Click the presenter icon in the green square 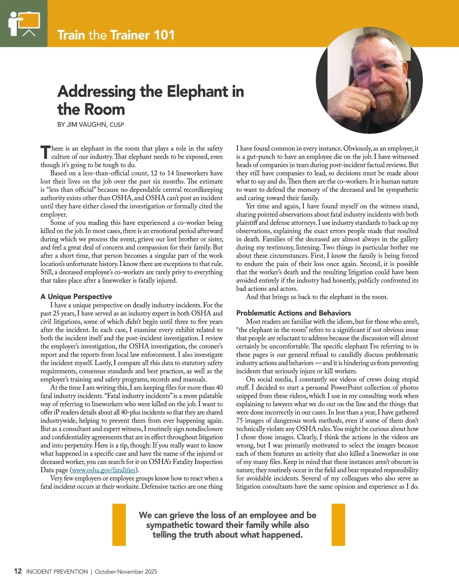point(24,24)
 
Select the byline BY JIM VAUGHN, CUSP point(91,125)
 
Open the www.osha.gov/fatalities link point(104,470)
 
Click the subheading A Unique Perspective point(76,297)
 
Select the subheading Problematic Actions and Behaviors point(293,313)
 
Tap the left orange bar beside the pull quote point(119,524)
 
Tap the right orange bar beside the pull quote point(338,524)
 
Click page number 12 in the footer point(18,571)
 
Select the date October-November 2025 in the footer point(126,572)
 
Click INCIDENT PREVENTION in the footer point(57,572)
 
